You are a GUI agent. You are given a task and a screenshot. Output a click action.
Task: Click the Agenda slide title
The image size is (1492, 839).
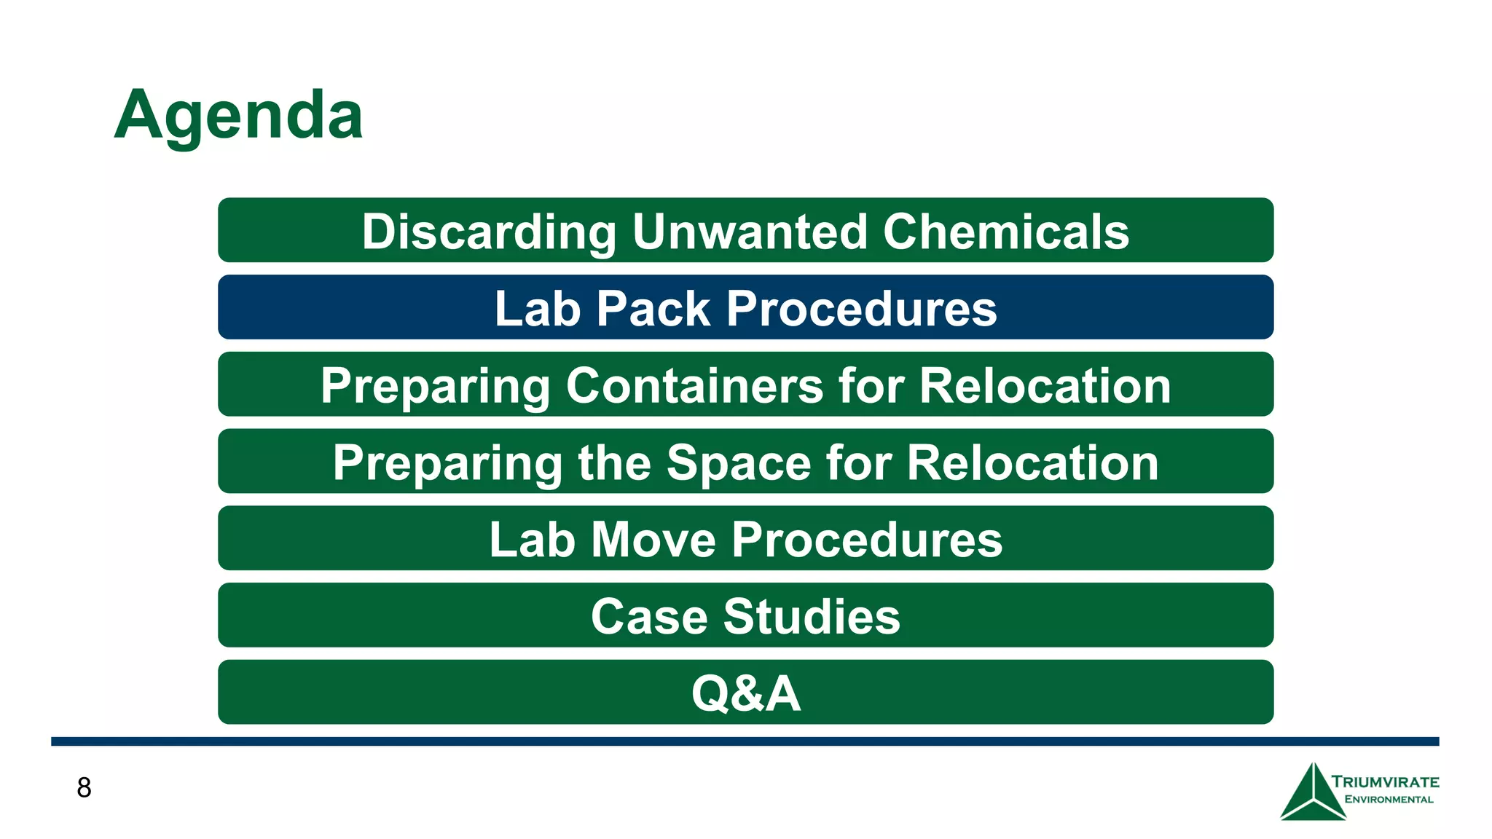(x=238, y=115)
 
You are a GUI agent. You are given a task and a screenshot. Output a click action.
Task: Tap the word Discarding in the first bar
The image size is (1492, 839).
(x=489, y=232)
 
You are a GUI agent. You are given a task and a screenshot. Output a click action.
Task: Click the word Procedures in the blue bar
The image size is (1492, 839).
(x=861, y=309)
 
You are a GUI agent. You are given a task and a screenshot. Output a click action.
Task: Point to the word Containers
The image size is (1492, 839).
(x=694, y=385)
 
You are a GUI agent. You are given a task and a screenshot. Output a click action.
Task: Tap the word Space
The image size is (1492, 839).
(x=739, y=462)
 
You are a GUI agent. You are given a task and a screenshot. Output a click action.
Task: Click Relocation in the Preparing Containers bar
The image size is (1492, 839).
(x=1045, y=385)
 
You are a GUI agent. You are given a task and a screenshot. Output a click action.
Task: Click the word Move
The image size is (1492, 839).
(x=653, y=540)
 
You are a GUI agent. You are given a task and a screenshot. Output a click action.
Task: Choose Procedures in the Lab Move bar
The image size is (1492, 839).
(x=867, y=540)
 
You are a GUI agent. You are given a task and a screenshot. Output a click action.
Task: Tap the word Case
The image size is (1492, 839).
(x=648, y=617)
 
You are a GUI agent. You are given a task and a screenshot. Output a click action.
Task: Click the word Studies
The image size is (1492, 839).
(x=812, y=617)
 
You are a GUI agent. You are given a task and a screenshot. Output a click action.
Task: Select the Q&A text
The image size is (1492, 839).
(x=746, y=693)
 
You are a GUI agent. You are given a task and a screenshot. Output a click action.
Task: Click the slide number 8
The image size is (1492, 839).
(x=84, y=788)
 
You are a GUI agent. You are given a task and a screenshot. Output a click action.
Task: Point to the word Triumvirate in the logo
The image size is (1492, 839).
(x=1385, y=782)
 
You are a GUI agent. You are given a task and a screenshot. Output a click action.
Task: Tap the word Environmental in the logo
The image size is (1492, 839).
(x=1389, y=800)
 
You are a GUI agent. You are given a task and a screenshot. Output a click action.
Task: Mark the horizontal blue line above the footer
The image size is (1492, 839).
(x=745, y=741)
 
